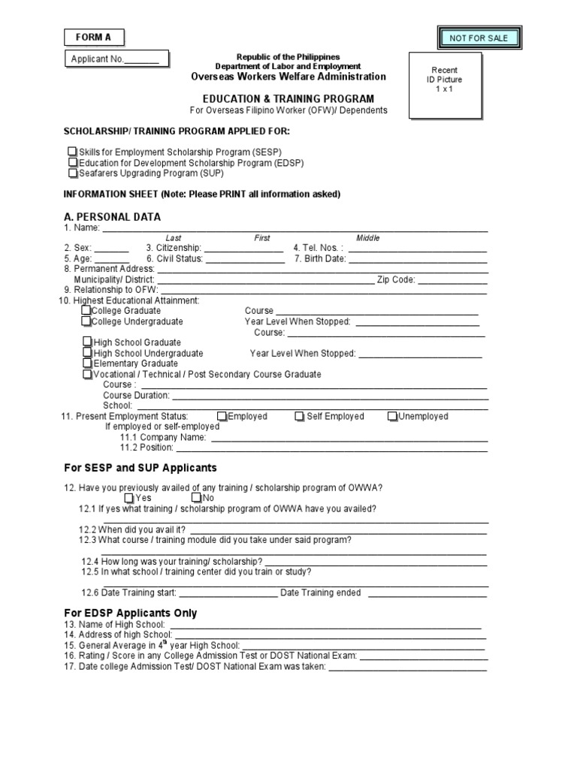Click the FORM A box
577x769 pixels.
pyautogui.click(x=93, y=37)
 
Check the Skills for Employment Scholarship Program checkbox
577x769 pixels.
pyautogui.click(x=72, y=152)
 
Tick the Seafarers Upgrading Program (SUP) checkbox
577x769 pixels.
pyautogui.click(x=72, y=173)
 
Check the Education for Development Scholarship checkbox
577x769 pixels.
pyautogui.click(x=72, y=162)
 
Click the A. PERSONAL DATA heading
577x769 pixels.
pyautogui.click(x=112, y=217)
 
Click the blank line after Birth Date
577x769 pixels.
pyautogui.click(x=418, y=259)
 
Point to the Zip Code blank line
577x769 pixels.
pyautogui.click(x=453, y=280)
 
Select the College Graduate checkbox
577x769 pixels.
pyautogui.click(x=86, y=311)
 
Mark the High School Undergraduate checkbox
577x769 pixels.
pyautogui.click(x=88, y=353)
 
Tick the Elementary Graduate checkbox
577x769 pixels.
pyautogui.click(x=88, y=363)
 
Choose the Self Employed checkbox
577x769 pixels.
pyautogui.click(x=300, y=417)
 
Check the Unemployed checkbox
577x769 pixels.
pyautogui.click(x=393, y=417)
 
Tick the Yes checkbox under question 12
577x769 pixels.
pyautogui.click(x=129, y=498)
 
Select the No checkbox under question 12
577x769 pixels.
pyautogui.click(x=196, y=498)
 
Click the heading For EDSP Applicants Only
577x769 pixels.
pyautogui.click(x=131, y=614)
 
